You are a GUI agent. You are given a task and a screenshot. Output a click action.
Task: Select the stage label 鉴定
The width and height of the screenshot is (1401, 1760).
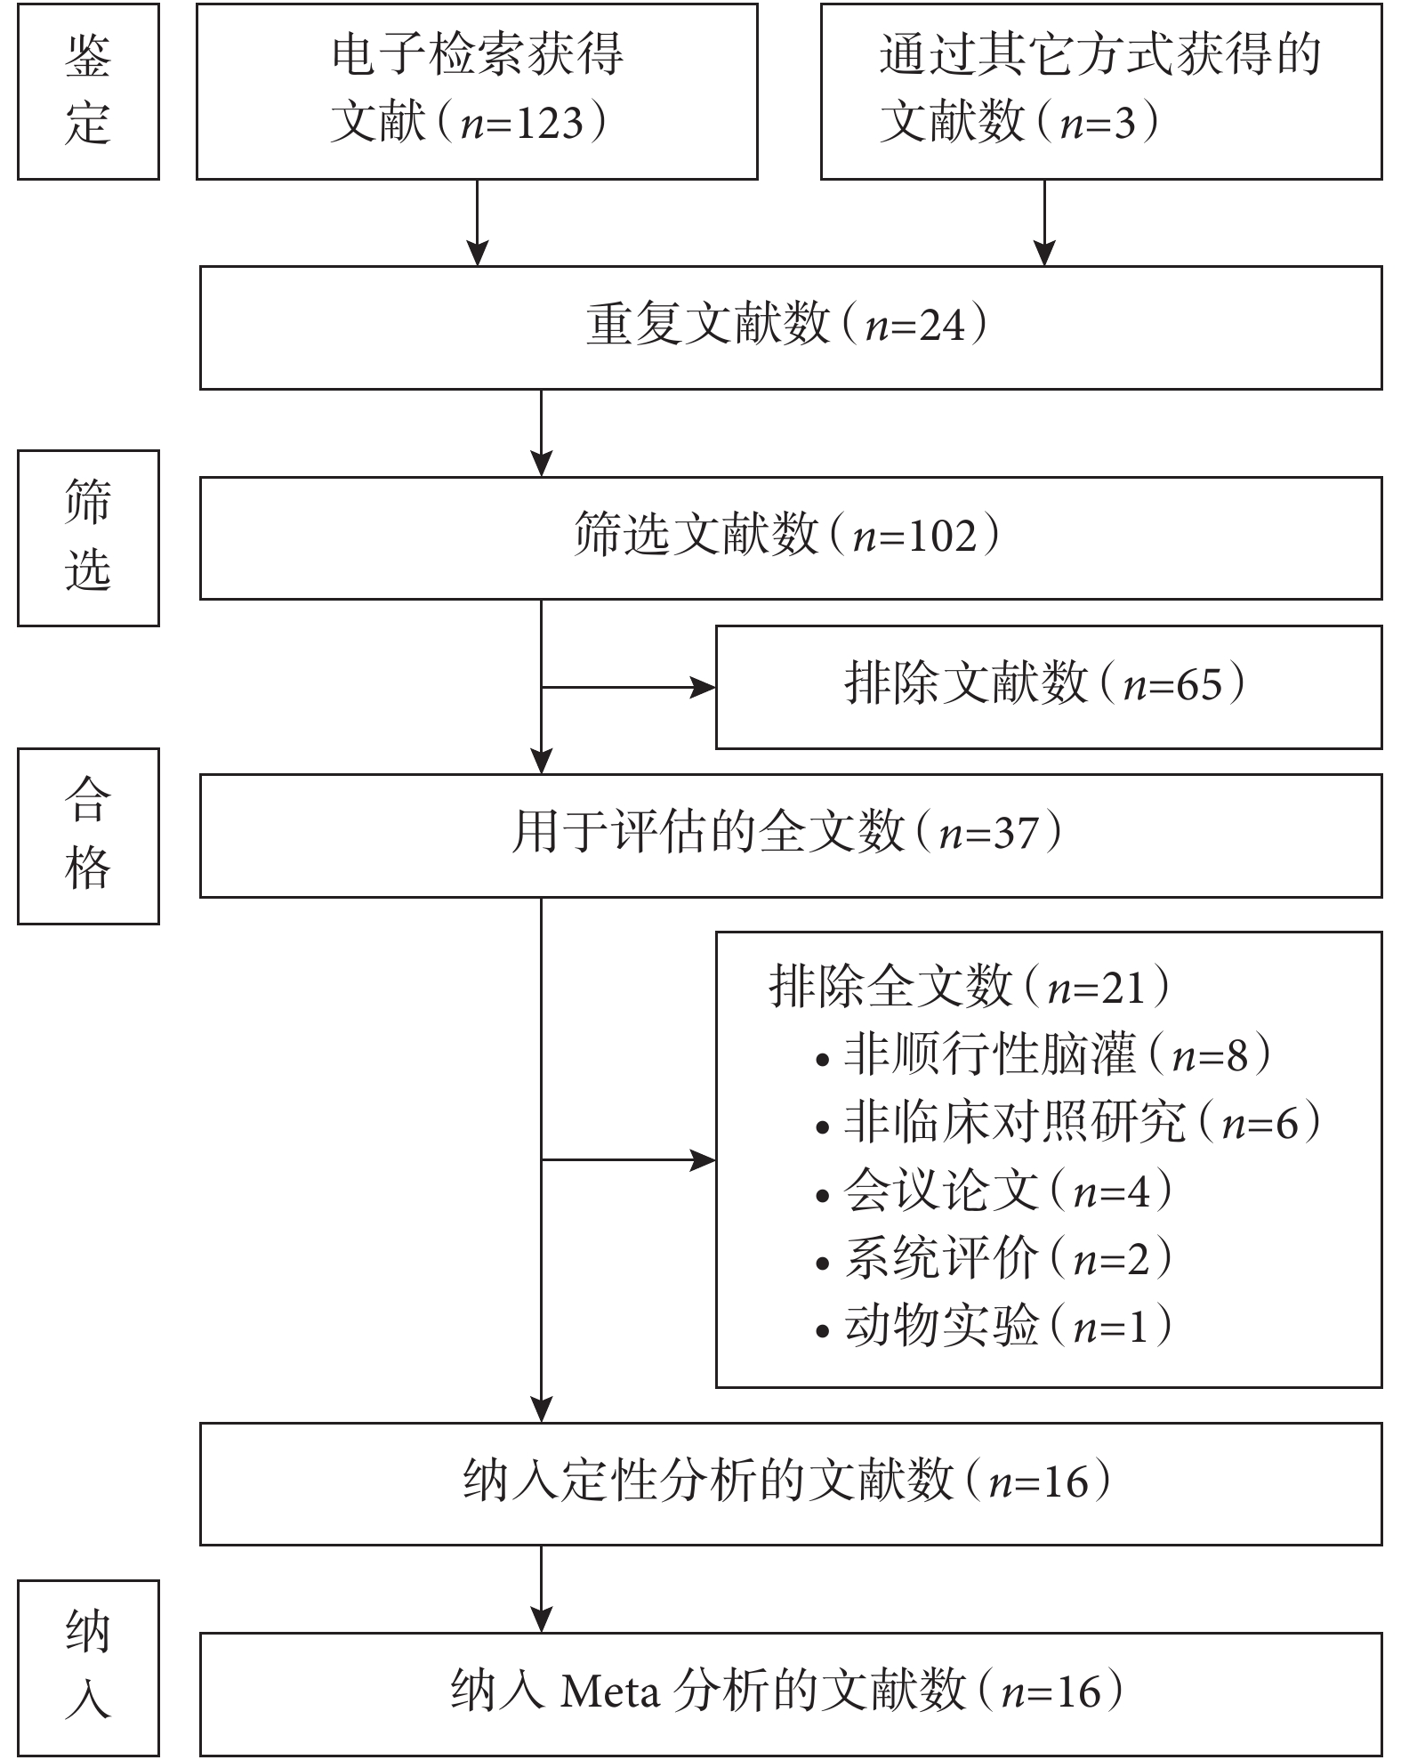click(88, 91)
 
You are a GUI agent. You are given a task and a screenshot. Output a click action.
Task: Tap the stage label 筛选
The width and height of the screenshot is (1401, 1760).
click(88, 537)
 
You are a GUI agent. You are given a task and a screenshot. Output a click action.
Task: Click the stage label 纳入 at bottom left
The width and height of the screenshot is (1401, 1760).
click(88, 1666)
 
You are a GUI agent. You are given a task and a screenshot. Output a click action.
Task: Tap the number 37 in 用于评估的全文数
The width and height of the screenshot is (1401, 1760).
click(1016, 834)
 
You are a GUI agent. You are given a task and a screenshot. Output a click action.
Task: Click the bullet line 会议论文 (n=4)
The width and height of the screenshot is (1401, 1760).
click(994, 1191)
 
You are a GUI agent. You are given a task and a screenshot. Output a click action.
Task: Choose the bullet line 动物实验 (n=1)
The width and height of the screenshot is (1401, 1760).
click(994, 1327)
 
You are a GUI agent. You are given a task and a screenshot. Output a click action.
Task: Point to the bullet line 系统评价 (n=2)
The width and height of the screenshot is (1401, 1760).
click(994, 1259)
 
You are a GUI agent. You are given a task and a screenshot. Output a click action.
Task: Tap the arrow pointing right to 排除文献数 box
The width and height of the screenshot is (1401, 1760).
click(629, 687)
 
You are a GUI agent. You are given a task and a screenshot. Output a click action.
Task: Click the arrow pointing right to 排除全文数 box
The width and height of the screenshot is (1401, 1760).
click(629, 1160)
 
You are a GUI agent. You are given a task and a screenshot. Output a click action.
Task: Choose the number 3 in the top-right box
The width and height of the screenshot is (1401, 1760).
click(1124, 123)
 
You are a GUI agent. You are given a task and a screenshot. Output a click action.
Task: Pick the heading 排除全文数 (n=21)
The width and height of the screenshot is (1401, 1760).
click(970, 987)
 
